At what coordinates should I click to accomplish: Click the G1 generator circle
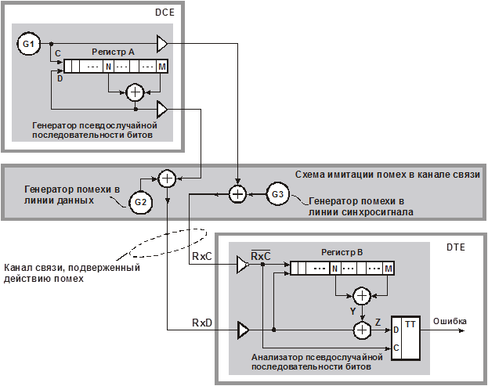tap(28, 44)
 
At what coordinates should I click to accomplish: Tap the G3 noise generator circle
tap(278, 193)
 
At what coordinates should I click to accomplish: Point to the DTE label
tap(457, 247)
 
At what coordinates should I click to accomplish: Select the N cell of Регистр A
tap(108, 67)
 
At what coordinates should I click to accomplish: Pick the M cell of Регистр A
tap(162, 67)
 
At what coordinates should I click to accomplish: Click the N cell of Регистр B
tap(334, 269)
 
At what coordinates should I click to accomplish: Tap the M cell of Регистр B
tap(389, 269)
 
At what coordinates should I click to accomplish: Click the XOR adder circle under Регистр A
tap(135, 92)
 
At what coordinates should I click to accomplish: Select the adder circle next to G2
tap(166, 179)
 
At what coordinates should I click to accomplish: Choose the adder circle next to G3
tap(237, 193)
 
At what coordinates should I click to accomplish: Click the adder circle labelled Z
tap(362, 330)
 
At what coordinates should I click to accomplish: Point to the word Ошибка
tap(450, 321)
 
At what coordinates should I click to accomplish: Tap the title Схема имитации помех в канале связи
tap(387, 174)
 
